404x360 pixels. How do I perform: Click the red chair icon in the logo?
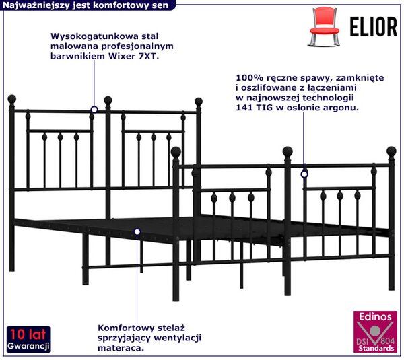click(x=324, y=27)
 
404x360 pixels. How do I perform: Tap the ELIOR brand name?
click(x=373, y=27)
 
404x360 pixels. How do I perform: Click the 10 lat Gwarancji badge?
click(x=28, y=339)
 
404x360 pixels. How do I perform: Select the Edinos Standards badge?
click(x=375, y=332)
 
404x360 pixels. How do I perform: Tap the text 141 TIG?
click(x=254, y=108)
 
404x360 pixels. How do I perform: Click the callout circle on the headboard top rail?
click(x=94, y=110)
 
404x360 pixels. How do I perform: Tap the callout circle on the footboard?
click(x=304, y=174)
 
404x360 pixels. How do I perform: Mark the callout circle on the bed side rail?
click(x=137, y=232)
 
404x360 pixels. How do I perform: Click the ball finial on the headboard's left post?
click(x=12, y=99)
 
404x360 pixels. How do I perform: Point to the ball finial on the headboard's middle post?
click(x=108, y=100)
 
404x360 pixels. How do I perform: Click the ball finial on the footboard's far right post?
click(x=391, y=151)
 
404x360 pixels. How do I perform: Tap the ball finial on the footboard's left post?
click(x=176, y=152)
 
